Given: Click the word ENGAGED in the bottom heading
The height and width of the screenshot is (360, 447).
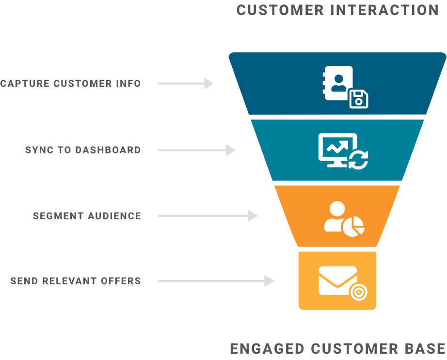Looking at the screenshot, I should click(268, 348).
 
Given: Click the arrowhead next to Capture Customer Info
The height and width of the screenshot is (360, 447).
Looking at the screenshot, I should click(208, 83).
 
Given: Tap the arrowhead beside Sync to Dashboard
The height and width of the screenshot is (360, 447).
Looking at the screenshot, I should click(231, 150).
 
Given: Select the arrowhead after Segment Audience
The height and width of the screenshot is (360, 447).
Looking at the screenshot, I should click(253, 216).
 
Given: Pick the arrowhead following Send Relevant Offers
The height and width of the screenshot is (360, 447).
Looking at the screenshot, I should click(270, 281).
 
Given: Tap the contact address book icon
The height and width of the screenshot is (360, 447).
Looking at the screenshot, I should click(338, 83).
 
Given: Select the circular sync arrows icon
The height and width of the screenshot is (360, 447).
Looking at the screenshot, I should click(360, 160).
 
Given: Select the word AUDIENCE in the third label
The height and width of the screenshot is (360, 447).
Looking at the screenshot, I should click(114, 216).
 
